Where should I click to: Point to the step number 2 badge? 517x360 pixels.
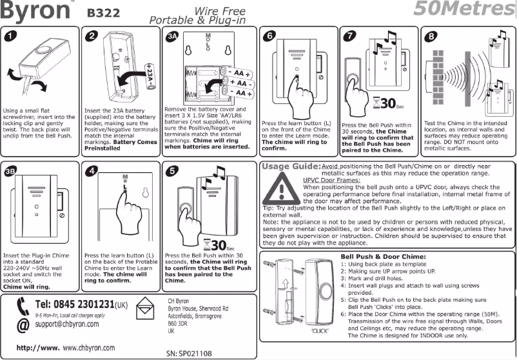pyautogui.click(x=93, y=36)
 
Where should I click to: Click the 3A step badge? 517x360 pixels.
pyautogui.click(x=171, y=37)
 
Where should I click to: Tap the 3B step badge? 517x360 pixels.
pyautogui.click(x=10, y=172)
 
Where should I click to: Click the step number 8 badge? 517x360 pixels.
pyautogui.click(x=431, y=36)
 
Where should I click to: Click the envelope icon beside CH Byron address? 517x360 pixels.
pyautogui.click(x=149, y=305)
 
